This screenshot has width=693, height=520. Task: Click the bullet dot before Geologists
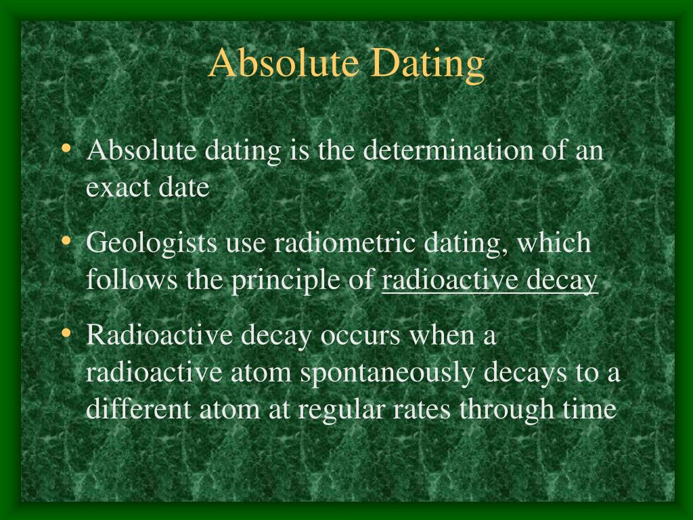click(x=66, y=242)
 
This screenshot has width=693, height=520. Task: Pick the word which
click(x=554, y=242)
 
